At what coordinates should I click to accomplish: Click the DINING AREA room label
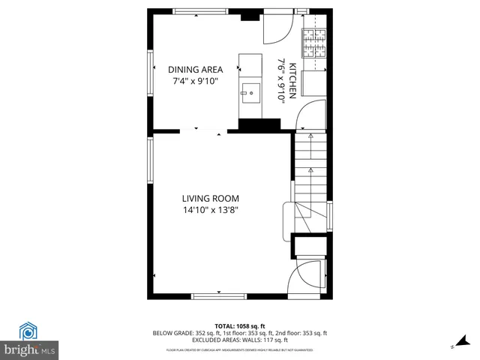[x=195, y=70]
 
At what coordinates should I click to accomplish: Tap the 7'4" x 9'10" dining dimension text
[x=195, y=82]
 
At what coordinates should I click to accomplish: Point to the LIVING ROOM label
[x=210, y=199]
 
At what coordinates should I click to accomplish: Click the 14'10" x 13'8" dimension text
[x=210, y=211]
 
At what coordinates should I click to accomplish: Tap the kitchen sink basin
[x=250, y=93]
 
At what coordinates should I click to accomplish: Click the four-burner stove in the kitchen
[x=315, y=43]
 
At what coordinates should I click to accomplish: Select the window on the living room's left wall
[x=150, y=160]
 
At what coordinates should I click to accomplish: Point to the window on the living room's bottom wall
[x=219, y=296]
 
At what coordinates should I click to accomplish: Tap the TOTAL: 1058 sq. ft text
[x=240, y=325]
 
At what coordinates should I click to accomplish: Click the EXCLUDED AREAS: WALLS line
[x=240, y=340]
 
